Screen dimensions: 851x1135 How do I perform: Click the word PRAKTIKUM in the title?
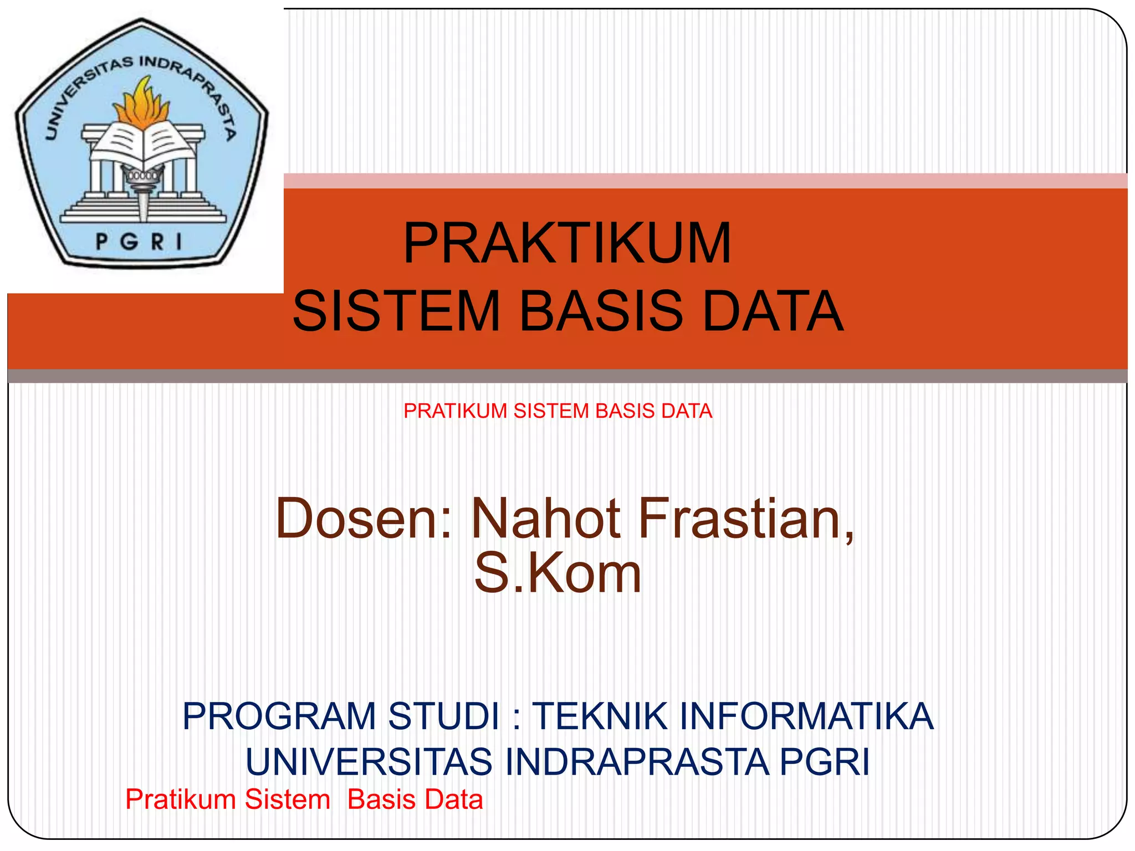point(567,243)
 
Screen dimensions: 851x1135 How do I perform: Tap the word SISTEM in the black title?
point(396,311)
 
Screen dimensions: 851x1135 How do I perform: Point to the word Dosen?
point(363,519)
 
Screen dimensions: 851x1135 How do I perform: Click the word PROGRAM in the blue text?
point(280,716)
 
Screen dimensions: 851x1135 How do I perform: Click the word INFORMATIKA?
point(806,716)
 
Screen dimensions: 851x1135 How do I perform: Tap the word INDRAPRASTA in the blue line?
point(637,762)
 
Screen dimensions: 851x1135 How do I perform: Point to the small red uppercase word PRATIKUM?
point(455,411)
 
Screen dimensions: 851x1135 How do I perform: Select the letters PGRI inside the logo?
point(139,242)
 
